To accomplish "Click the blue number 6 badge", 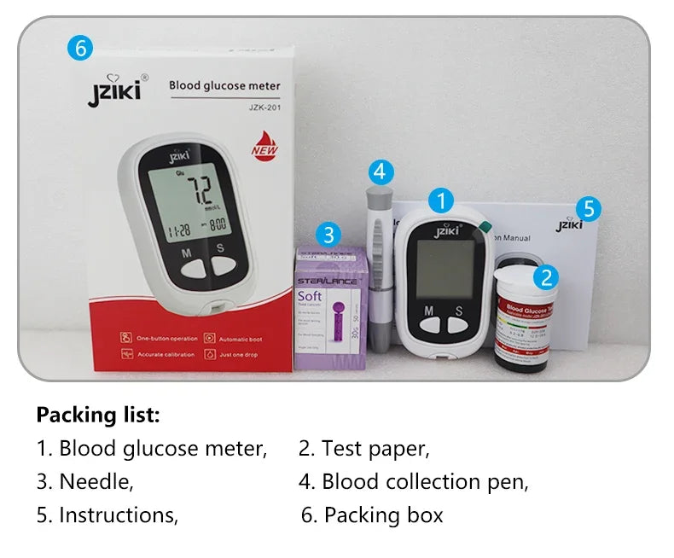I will [x=79, y=49].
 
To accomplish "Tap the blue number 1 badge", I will [x=440, y=201].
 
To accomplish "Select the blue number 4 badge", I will [x=381, y=173].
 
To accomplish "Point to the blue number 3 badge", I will [x=329, y=234].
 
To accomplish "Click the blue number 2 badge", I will [x=547, y=276].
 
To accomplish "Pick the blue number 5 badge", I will [x=588, y=208].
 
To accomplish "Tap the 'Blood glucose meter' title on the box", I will [x=224, y=85].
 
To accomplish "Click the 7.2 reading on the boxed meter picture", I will [x=200, y=190].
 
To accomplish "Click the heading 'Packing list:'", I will [x=98, y=416].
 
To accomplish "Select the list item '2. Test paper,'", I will [x=364, y=448].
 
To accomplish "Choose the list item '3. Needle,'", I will [x=85, y=481].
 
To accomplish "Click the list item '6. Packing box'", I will [x=373, y=515].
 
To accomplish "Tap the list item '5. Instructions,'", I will [x=107, y=515].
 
